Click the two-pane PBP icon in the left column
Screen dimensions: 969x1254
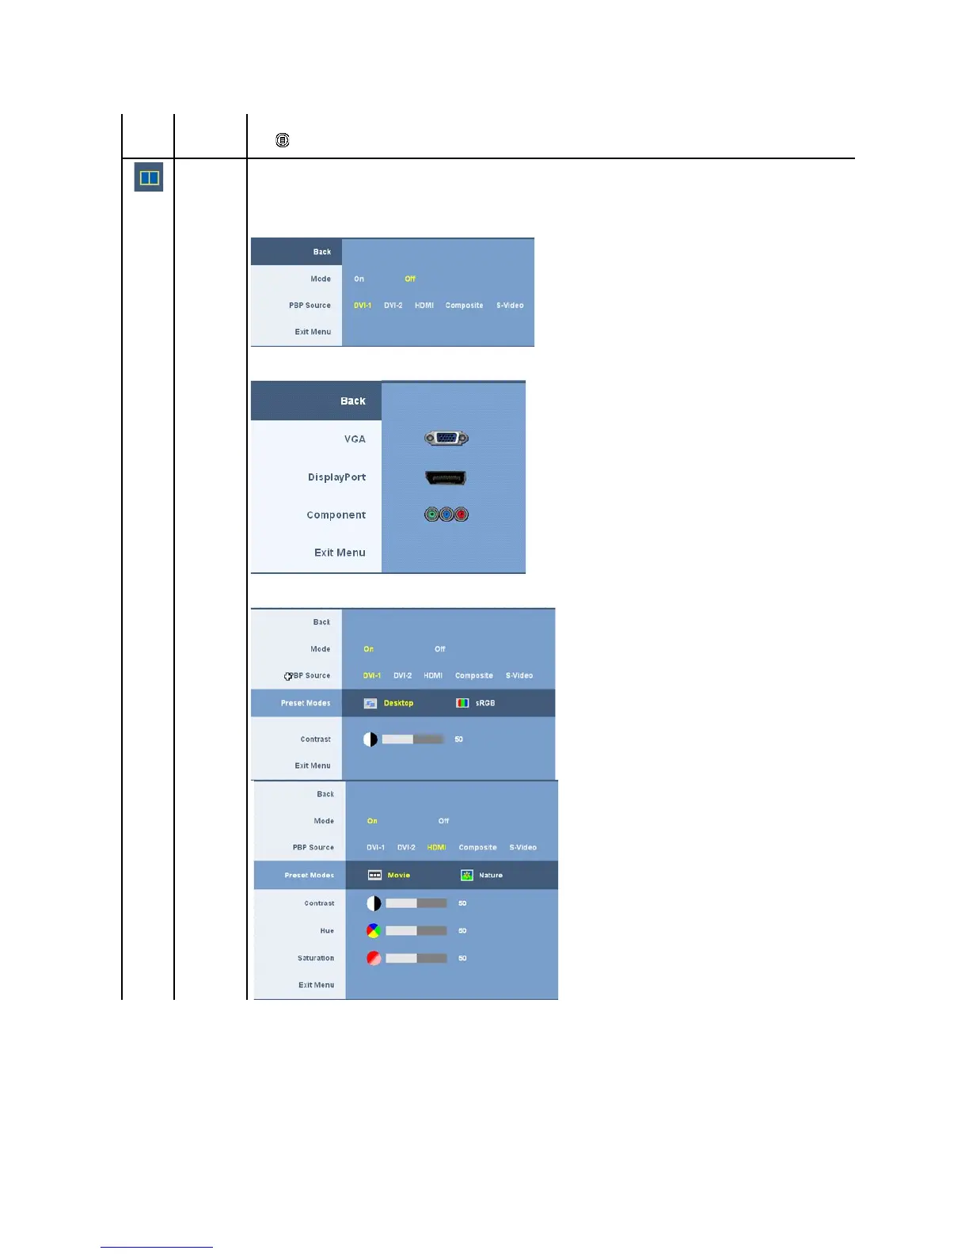[149, 177]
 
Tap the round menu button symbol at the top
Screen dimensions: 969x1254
[283, 140]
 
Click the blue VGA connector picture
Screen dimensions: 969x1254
[446, 438]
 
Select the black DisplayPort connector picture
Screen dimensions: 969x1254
[446, 477]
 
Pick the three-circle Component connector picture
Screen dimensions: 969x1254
[446, 515]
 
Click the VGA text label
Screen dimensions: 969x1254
[355, 439]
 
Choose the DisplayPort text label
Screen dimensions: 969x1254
[336, 477]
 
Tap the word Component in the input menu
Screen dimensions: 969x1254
[336, 515]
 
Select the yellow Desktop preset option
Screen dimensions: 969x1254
[398, 703]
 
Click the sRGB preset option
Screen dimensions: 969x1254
[484, 703]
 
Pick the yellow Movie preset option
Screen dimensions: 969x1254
[398, 875]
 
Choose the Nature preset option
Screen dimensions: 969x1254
[490, 875]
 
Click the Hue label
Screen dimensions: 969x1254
[327, 931]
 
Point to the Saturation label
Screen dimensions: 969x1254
[315, 958]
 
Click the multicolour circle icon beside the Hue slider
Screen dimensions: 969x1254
[374, 931]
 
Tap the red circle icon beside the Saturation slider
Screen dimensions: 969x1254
[374, 958]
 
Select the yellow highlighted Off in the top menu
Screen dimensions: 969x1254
[410, 279]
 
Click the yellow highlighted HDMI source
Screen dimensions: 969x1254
[436, 847]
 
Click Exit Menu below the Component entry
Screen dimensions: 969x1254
[340, 553]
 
